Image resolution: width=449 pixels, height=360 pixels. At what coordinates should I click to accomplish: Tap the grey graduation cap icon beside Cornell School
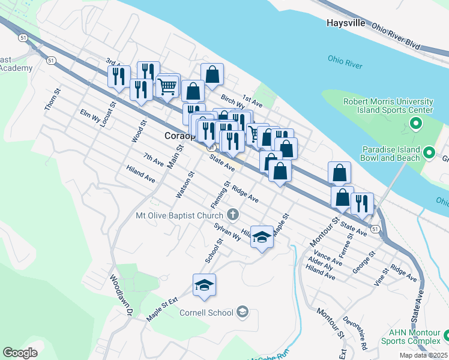click(242, 311)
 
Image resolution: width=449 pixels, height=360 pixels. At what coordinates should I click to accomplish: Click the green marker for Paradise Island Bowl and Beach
click(429, 152)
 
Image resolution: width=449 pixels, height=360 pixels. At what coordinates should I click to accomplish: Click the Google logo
click(20, 353)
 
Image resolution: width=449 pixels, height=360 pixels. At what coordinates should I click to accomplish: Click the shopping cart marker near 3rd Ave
click(167, 85)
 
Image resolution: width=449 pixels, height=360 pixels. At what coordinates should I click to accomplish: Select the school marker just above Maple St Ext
click(204, 286)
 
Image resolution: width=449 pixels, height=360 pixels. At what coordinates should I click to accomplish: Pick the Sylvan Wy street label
click(227, 232)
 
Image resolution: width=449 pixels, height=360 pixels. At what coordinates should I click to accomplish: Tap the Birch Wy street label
click(233, 103)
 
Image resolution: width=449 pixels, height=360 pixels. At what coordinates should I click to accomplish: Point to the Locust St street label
click(107, 113)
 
